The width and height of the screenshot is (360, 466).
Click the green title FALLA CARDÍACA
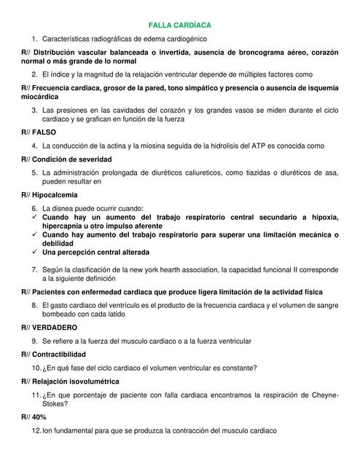point(179,25)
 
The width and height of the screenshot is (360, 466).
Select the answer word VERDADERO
point(55,328)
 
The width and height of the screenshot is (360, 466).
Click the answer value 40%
point(39,419)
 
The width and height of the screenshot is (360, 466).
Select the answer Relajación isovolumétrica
point(75,381)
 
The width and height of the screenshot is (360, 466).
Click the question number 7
point(34,269)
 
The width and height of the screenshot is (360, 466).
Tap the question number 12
point(36,431)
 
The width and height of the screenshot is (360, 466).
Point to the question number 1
point(34,38)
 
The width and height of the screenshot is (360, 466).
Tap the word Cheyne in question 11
point(321,394)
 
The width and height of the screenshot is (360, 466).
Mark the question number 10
point(36,367)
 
